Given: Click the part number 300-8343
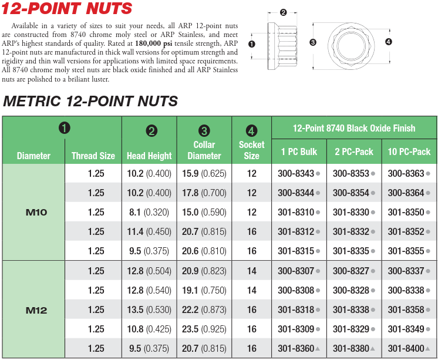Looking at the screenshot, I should (296, 173).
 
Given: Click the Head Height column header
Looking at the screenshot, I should (149, 156).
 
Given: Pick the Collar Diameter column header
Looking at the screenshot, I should (204, 150).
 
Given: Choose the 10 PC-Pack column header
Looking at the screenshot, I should (409, 152).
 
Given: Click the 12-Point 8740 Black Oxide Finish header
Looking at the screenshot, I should (354, 128).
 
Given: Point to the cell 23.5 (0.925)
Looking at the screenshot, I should (204, 329).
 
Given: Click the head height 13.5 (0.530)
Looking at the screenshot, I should (149, 309).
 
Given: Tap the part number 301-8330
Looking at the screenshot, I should (351, 212).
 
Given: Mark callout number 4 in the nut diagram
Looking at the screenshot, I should (388, 42).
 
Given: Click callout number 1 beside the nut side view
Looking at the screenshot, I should (252, 43).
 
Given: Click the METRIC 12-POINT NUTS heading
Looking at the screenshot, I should (90, 101).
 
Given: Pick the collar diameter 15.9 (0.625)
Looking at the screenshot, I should (204, 173).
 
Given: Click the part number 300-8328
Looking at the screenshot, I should (351, 290).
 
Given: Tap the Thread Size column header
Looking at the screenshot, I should (93, 156).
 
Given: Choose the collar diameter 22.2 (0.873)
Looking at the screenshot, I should (204, 309).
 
